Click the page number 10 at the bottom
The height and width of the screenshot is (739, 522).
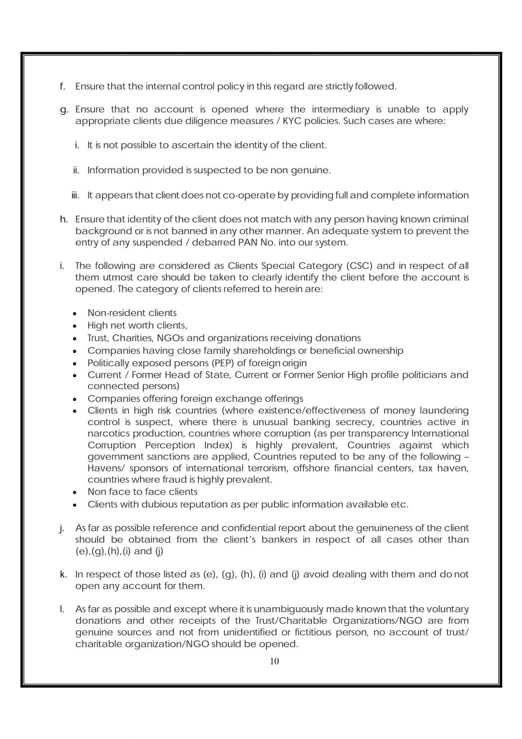coord(274,661)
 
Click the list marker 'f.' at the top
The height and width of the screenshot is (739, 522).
coord(62,87)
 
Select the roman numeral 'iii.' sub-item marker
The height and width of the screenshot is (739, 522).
coord(75,195)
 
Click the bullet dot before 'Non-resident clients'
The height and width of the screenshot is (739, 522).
coord(75,314)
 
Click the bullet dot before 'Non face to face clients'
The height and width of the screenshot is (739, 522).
coord(75,493)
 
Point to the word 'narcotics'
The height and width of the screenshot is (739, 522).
coord(108,434)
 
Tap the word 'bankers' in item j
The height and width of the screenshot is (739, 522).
coord(279,540)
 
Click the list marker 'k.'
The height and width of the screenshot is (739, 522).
coord(63,574)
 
